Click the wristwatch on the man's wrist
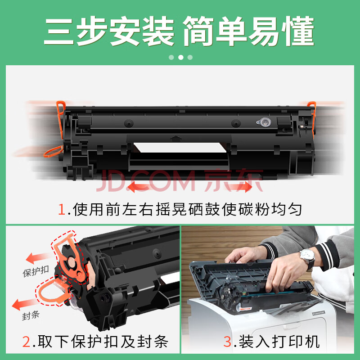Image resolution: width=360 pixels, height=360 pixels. [x=307, y=259]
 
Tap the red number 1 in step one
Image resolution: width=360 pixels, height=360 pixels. [x=62, y=209]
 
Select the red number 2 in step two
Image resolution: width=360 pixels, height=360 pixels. [x=26, y=342]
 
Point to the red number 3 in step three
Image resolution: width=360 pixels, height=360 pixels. [x=227, y=342]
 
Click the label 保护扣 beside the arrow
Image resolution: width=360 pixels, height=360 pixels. [x=36, y=271]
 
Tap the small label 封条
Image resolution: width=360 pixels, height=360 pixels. [x=31, y=315]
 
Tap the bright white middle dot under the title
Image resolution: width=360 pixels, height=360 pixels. [x=181, y=58]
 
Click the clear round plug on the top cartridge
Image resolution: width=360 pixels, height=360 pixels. [x=264, y=122]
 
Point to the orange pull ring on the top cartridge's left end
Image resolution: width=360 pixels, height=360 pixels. [x=53, y=152]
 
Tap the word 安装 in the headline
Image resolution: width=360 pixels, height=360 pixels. [x=142, y=31]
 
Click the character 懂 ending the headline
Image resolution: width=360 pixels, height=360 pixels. [x=298, y=31]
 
